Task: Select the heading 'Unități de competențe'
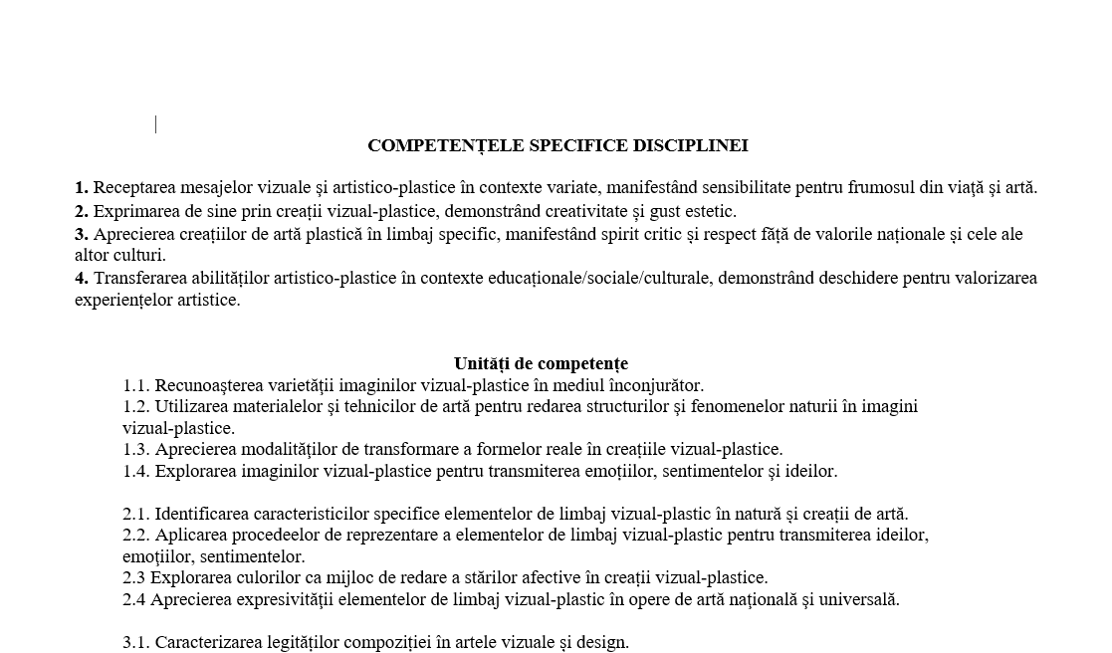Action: pyautogui.click(x=541, y=363)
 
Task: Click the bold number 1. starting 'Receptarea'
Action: pyautogui.click(x=82, y=187)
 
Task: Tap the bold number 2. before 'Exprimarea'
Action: pyautogui.click(x=82, y=211)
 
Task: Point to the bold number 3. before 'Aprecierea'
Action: pyautogui.click(x=82, y=235)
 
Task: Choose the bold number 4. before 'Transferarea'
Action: pyautogui.click(x=82, y=278)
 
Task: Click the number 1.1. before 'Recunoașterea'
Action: pyautogui.click(x=136, y=385)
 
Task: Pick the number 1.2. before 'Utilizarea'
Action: pyautogui.click(x=136, y=406)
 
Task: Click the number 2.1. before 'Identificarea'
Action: pyautogui.click(x=136, y=514)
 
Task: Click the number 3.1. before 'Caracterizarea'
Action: pyautogui.click(x=136, y=642)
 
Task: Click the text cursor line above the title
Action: pyautogui.click(x=156, y=123)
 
